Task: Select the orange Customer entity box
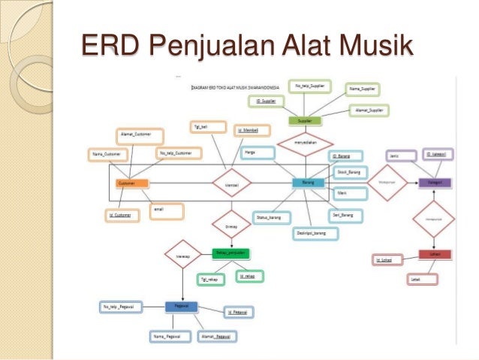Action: tap(131, 183)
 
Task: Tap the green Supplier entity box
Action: tap(305, 120)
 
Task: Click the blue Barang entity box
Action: tap(308, 183)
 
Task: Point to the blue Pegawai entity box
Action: tap(181, 306)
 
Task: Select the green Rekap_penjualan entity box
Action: tap(228, 253)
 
